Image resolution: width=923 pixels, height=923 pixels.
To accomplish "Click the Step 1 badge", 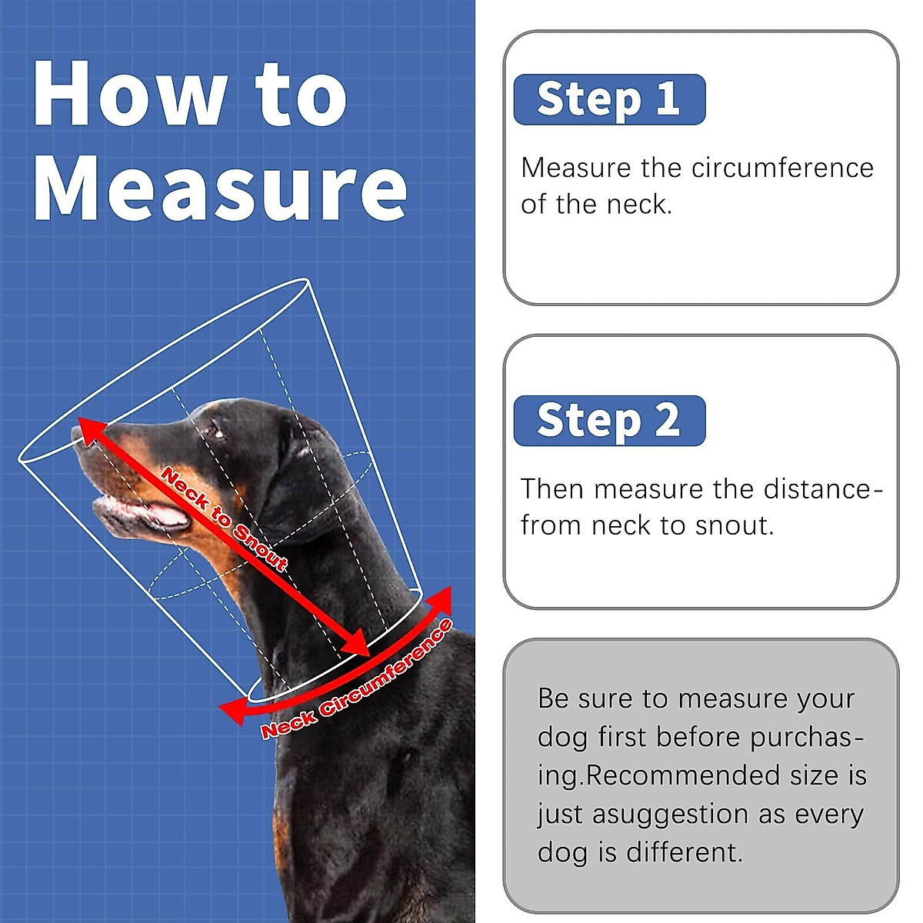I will click(608, 99).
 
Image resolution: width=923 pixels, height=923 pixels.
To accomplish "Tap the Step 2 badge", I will click(608, 421).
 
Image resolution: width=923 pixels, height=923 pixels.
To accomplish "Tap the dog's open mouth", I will click(142, 513).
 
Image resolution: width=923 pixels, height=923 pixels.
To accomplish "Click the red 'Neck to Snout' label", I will click(223, 518).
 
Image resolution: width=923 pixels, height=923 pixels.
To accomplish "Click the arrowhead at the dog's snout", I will click(86, 427).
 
